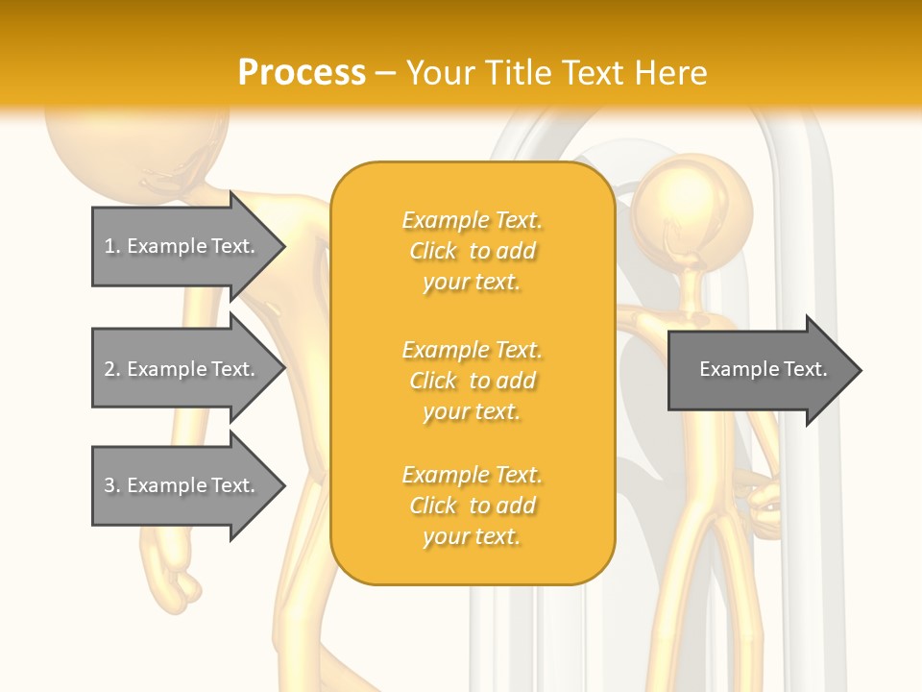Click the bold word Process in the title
pos(302,73)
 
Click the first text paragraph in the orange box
pos(473,251)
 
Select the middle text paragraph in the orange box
pos(473,381)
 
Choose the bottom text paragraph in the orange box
pos(473,506)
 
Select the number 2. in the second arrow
pos(111,369)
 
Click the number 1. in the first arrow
pos(111,246)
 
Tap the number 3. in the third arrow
pos(111,485)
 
